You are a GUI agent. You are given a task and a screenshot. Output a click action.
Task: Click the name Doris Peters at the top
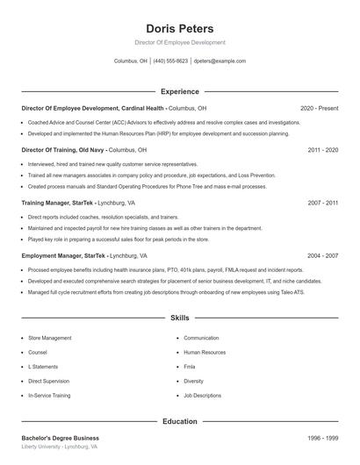point(179,28)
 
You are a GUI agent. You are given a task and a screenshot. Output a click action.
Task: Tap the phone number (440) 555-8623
point(170,61)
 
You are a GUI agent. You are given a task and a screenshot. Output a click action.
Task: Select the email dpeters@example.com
point(220,61)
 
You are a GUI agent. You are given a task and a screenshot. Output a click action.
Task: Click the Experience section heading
point(179,91)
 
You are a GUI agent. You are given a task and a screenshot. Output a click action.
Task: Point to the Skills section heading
point(179,318)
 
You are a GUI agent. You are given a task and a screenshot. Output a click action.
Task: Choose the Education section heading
point(179,421)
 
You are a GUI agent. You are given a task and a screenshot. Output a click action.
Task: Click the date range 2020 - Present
point(319,108)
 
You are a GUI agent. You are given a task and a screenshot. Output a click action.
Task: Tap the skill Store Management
point(50,338)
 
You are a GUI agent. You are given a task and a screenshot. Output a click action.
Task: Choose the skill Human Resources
point(205,352)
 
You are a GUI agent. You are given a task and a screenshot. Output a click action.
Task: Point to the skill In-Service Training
point(49,396)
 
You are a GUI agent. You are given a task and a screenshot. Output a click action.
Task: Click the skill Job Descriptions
point(202,396)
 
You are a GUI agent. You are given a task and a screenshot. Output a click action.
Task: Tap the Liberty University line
point(59,447)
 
